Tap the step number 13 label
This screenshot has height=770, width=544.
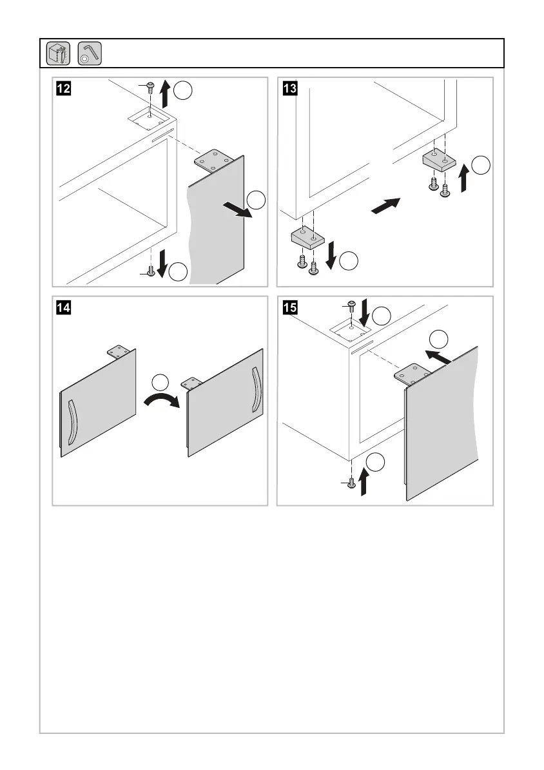(287, 88)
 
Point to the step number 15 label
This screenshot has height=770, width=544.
(287, 307)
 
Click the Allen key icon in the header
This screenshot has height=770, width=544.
(89, 53)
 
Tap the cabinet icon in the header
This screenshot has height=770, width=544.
(59, 53)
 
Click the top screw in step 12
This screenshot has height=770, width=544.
(149, 86)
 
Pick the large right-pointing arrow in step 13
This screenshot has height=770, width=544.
(386, 206)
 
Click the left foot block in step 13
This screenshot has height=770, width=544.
(306, 238)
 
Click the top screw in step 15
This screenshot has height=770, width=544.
(352, 305)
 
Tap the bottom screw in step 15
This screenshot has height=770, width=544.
(352, 483)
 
